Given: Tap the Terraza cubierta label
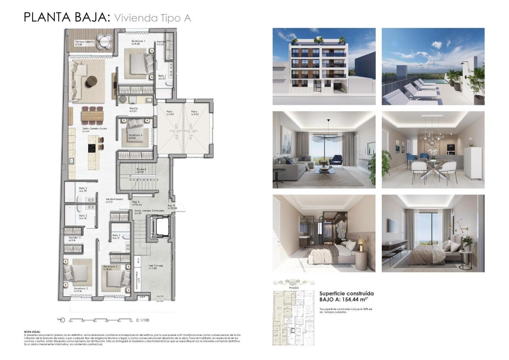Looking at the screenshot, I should pyautogui.click(x=84, y=42).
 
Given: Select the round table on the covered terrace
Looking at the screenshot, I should pyautogui.click(x=104, y=41).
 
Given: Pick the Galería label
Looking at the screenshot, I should pyautogui.click(x=134, y=109).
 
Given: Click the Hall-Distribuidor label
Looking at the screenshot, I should pyautogui.click(x=115, y=199).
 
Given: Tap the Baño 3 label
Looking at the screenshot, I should pyautogui.click(x=116, y=235).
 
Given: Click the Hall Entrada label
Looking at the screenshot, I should pyautogui.click(x=156, y=266).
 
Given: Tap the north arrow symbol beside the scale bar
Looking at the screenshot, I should pyautogui.click(x=62, y=320).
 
